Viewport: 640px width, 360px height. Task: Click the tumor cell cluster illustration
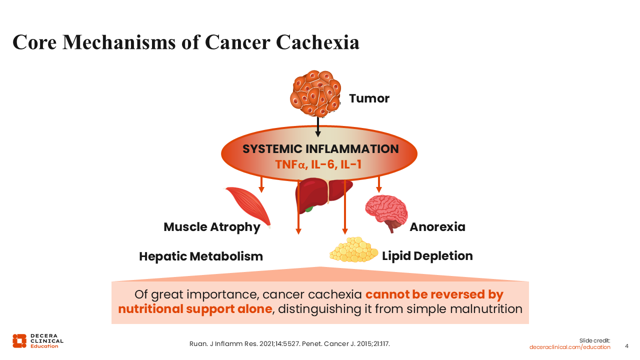pos(315,93)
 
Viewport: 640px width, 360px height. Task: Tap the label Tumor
pos(369,98)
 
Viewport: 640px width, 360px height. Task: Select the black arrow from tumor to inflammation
pos(317,127)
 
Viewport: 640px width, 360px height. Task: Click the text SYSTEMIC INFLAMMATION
pos(320,149)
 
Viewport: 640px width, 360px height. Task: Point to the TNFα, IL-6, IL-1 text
pos(318,164)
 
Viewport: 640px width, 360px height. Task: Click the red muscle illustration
pos(248,207)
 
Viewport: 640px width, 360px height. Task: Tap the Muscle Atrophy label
pos(211,227)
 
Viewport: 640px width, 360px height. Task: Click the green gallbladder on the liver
pos(309,209)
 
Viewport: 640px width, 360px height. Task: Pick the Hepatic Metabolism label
pos(201,256)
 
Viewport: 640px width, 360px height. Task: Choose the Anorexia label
pos(437,227)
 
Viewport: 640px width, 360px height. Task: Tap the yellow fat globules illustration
pos(353,249)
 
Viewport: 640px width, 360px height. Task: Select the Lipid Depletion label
pos(427,256)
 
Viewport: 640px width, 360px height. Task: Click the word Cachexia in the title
pos(317,42)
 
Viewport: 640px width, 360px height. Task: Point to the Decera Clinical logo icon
pos(19,341)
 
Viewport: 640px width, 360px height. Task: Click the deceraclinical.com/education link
pos(569,347)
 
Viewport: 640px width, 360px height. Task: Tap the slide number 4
pos(626,346)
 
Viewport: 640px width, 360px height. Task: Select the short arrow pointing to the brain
pos(379,184)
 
